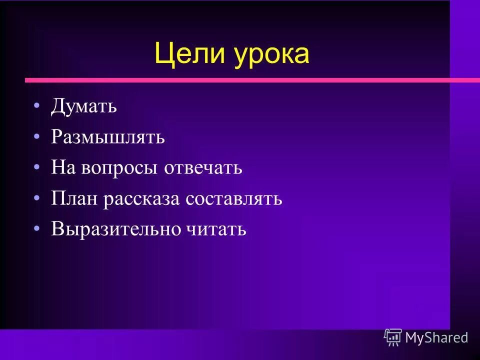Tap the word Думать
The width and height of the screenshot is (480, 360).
(84, 106)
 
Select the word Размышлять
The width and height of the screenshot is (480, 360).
(107, 137)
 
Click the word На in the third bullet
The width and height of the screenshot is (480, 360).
(62, 167)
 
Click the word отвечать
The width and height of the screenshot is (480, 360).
(204, 168)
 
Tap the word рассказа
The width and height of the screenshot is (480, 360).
(142, 199)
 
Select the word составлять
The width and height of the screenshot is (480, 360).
(234, 199)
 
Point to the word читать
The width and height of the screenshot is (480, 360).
(215, 229)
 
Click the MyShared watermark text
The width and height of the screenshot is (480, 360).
(436, 337)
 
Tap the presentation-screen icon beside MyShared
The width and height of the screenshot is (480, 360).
(393, 337)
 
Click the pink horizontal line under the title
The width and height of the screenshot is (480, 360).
(250, 80)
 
